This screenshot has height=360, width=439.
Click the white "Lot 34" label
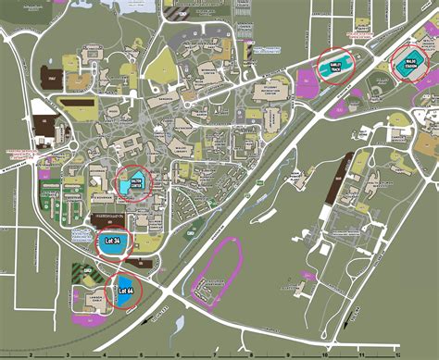114,242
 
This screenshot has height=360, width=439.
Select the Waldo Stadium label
411,66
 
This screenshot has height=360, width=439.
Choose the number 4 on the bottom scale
103,354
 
